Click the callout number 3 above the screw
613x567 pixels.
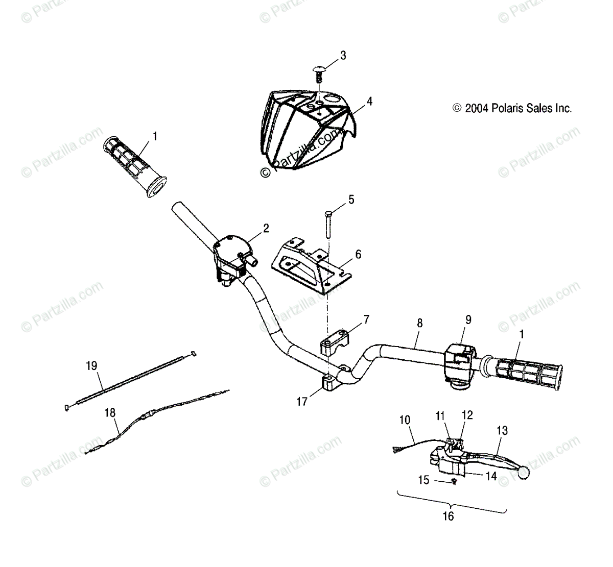pyautogui.click(x=343, y=55)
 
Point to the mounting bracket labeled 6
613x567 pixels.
pyautogui.click(x=307, y=266)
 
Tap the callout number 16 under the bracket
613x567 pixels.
pyautogui.click(x=447, y=516)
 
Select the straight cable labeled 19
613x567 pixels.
pyautogui.click(x=130, y=380)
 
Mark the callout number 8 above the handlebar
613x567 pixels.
pyautogui.click(x=420, y=323)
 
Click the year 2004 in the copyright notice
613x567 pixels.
pyautogui.click(x=476, y=108)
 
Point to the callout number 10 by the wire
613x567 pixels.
pyautogui.click(x=405, y=420)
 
